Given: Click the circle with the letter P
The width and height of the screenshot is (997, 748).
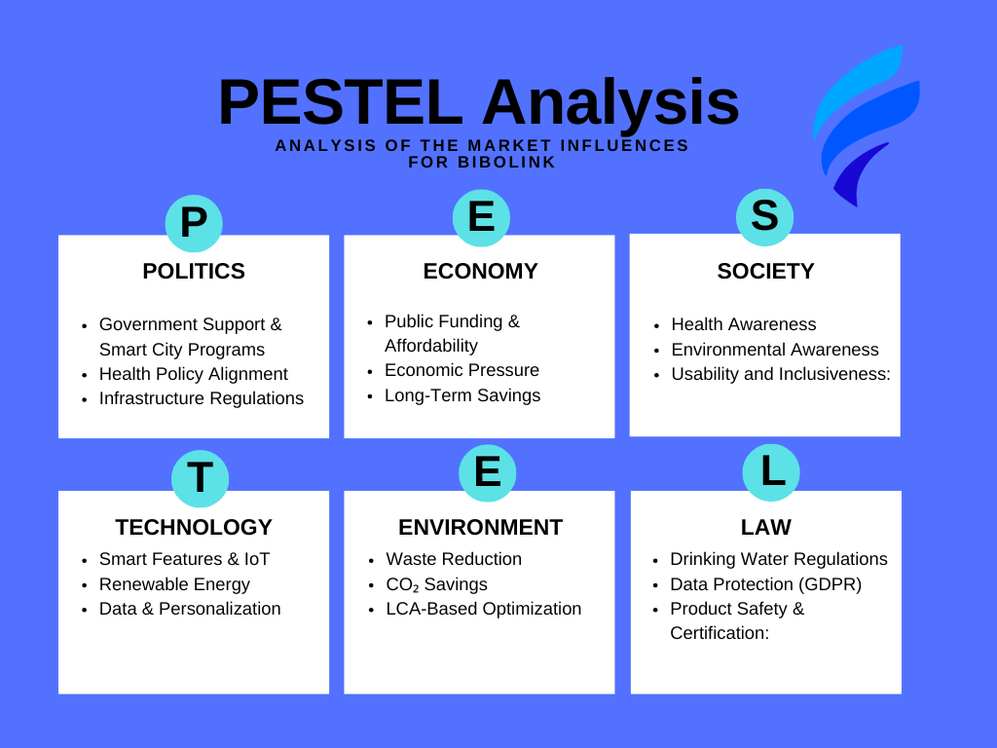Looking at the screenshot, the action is tap(194, 223).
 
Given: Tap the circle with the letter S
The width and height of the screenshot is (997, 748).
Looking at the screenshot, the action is tap(765, 217).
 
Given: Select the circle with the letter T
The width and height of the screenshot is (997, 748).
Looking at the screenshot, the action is tap(201, 478).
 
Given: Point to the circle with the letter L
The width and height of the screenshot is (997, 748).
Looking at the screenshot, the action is tap(771, 472).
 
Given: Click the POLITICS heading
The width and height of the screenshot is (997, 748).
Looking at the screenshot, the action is tap(194, 271).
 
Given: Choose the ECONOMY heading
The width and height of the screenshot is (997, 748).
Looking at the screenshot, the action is tap(481, 271).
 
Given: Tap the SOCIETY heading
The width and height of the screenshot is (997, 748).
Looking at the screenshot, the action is tap(765, 271).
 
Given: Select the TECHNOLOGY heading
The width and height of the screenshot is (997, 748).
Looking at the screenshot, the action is tap(194, 527).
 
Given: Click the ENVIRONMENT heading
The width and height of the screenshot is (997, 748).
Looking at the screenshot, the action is tap(481, 527).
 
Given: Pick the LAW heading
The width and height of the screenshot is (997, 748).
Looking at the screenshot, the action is tap(766, 527).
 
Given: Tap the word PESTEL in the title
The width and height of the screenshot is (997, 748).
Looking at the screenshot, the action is tap(340, 102).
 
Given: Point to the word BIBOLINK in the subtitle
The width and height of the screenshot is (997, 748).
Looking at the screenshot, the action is tap(506, 163).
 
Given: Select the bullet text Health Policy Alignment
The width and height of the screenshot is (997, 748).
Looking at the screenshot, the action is tap(194, 374).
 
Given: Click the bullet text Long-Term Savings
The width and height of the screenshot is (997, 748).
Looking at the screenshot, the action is tap(462, 395).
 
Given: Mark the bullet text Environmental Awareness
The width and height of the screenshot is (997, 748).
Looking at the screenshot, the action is tap(775, 350).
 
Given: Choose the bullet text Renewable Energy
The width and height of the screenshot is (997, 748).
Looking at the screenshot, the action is tap(174, 584).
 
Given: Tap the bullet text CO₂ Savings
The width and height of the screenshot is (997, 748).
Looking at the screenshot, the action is tap(437, 584).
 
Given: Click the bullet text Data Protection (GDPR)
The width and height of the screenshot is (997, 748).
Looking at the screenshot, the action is tap(766, 584).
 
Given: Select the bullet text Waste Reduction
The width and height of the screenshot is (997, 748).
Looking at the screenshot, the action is tap(454, 559).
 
